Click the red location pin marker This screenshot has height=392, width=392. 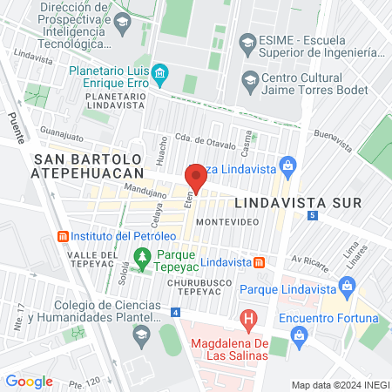196,177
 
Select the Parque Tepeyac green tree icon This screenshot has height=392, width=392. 142,256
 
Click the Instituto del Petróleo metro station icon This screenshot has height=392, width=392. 62,236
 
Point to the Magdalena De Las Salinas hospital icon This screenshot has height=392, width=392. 248,321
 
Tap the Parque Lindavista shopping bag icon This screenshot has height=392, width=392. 347,285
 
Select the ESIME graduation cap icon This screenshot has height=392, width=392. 247,41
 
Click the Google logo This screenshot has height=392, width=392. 29,382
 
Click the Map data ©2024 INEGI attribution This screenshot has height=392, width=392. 340,384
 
